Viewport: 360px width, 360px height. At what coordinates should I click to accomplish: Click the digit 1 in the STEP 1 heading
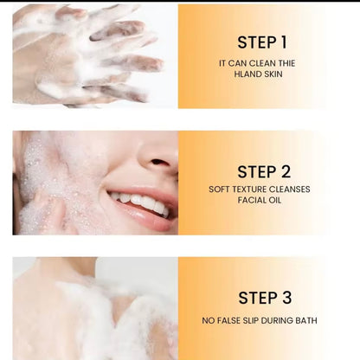[284, 42]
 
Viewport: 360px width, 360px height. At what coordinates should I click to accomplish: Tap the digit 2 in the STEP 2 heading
[286, 171]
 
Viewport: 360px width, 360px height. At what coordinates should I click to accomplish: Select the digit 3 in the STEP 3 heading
[286, 298]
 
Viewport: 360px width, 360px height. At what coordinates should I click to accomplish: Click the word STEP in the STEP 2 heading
[257, 172]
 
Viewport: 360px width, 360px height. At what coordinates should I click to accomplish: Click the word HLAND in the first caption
[246, 74]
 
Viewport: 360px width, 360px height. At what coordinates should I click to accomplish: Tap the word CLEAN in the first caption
[258, 63]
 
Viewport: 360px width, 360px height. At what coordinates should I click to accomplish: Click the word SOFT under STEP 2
[219, 190]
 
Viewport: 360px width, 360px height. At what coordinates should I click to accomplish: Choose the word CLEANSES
[289, 190]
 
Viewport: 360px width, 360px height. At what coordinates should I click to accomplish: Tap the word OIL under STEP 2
[274, 200]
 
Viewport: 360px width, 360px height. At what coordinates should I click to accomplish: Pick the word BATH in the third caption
[306, 320]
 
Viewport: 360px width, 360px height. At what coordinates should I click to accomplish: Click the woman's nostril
[159, 163]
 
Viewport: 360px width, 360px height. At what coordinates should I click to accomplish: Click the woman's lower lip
[145, 218]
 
